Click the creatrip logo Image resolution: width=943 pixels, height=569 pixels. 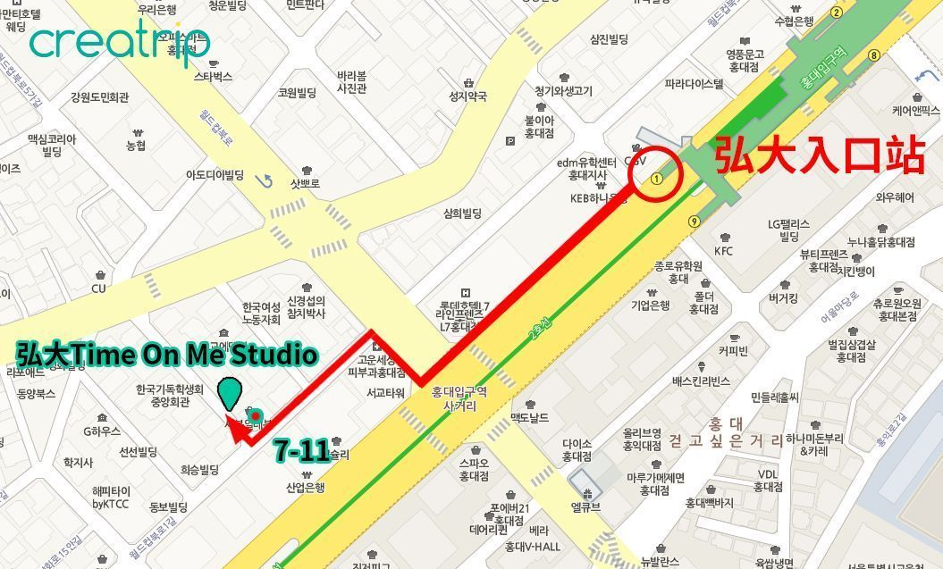tap(120, 41)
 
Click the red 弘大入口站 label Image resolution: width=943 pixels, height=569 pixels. tap(818, 155)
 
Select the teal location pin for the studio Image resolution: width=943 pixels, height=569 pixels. tap(231, 393)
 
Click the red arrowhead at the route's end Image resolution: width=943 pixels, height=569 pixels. tap(237, 431)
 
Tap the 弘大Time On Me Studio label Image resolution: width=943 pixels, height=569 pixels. tap(167, 355)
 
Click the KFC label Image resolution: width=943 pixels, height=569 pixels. tap(723, 251)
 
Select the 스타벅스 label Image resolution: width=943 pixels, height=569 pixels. tap(213, 77)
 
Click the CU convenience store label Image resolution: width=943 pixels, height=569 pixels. tap(98, 289)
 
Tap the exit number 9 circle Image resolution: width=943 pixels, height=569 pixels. tap(694, 222)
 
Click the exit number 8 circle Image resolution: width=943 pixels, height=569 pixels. tap(873, 55)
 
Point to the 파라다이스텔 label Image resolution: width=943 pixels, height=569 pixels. tap(694, 84)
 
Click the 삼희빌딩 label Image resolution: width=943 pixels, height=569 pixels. tap(462, 213)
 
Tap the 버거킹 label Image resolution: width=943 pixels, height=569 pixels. tap(783, 298)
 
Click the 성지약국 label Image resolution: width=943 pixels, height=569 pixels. tap(467, 96)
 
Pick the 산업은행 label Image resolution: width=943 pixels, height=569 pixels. tap(305, 488)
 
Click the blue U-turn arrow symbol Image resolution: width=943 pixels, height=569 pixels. tap(263, 181)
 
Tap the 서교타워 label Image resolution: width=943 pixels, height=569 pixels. tap(386, 392)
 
